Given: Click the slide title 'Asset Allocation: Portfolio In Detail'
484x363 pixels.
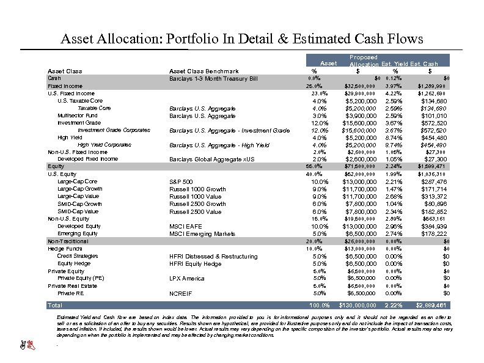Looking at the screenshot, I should (x=241, y=39).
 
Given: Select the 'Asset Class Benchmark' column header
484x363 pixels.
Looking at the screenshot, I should (x=204, y=71).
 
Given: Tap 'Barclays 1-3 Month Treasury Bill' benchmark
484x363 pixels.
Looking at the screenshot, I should (x=213, y=79).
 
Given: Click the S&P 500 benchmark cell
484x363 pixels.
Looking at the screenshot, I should (x=181, y=182).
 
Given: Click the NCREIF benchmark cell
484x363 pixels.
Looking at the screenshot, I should (x=182, y=293).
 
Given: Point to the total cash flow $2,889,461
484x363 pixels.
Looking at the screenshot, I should (x=433, y=304).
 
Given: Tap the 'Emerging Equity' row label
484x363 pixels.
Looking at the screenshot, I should (x=77, y=233).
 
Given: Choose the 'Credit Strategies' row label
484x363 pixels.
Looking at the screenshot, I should (x=78, y=256).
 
